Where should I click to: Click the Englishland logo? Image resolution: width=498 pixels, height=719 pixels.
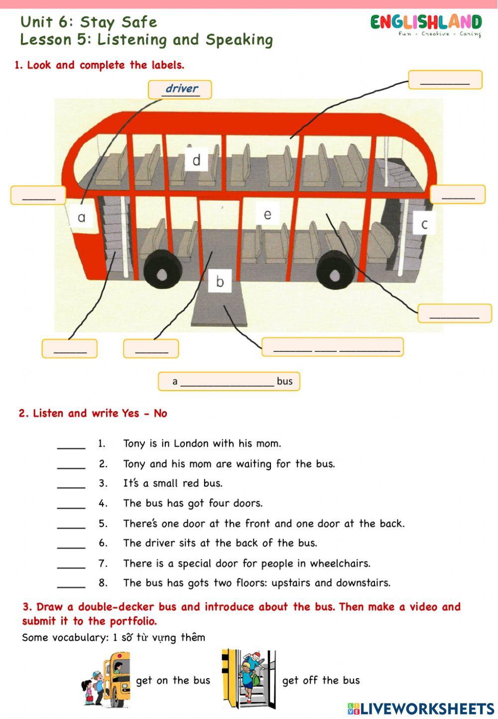[426, 24]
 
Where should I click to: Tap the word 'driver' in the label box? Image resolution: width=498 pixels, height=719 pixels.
[181, 89]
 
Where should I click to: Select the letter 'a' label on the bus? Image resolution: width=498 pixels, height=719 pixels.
[82, 217]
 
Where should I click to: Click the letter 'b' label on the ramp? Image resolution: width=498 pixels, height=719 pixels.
[220, 282]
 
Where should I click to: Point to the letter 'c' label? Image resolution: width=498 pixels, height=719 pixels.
[424, 224]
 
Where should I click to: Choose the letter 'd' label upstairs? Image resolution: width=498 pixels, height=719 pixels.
[196, 160]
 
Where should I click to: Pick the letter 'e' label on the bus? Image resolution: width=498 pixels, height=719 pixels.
[267, 214]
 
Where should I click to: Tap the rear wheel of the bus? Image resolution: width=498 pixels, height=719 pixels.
[336, 274]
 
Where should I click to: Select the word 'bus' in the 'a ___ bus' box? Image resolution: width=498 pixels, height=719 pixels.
[284, 381]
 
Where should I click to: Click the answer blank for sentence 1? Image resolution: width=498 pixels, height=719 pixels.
[71, 445]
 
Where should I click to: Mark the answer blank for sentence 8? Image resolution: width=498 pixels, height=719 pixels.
[71, 584]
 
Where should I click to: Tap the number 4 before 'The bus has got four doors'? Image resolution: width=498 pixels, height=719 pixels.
[103, 503]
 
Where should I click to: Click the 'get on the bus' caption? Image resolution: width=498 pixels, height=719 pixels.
[173, 681]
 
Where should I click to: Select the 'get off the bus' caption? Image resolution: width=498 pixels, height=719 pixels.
[321, 681]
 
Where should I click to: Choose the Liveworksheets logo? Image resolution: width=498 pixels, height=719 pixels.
[421, 709]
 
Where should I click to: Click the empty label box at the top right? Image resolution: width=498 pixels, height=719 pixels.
[445, 80]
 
